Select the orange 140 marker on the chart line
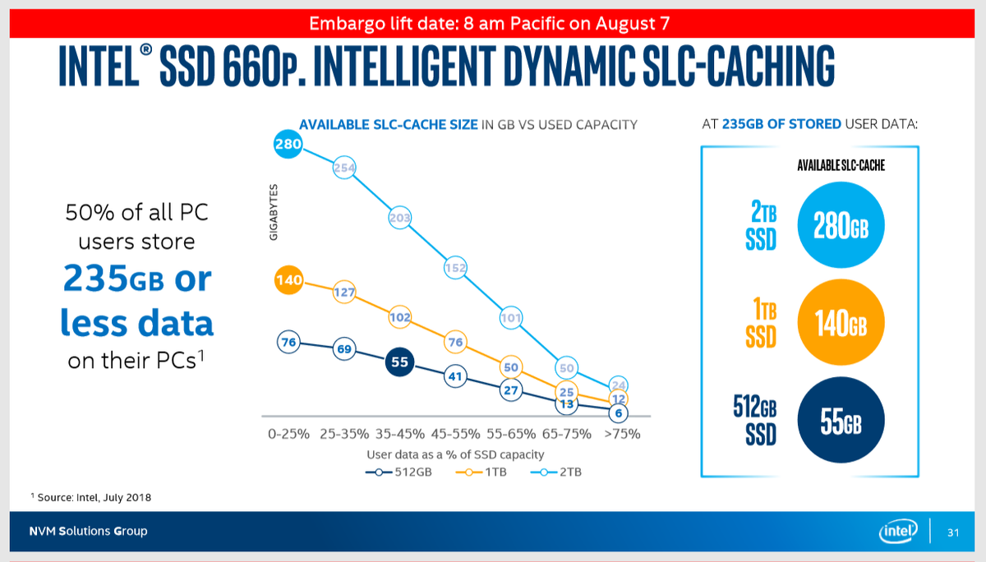[x=288, y=280]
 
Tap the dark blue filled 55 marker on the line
[x=399, y=362]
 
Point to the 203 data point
[x=399, y=219]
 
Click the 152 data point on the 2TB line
[x=455, y=267]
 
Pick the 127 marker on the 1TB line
[x=344, y=291]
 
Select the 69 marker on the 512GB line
[x=344, y=350]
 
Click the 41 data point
[x=455, y=377]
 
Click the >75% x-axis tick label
[x=620, y=434]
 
